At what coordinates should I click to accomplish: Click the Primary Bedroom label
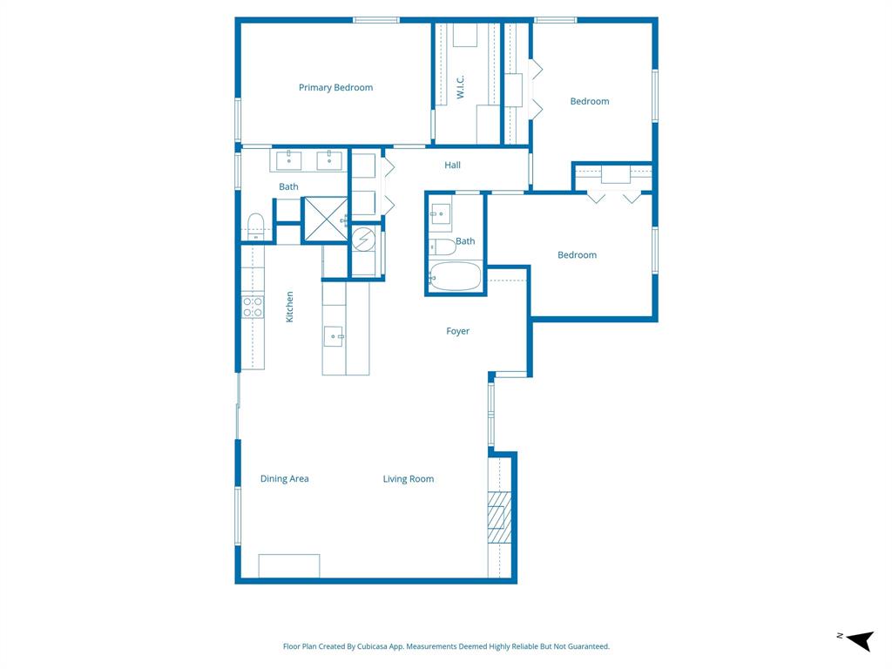click(335, 87)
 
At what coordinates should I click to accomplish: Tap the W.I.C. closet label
click(461, 86)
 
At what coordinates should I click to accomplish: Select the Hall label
click(452, 165)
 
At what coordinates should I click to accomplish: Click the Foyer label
click(457, 331)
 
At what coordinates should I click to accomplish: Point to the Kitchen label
click(290, 307)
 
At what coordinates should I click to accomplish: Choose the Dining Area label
click(284, 478)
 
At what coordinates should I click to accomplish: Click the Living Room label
click(408, 478)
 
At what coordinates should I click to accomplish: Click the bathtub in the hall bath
click(456, 275)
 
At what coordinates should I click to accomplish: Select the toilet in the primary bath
click(255, 225)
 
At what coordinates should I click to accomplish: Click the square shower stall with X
click(325, 220)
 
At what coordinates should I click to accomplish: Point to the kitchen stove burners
click(253, 307)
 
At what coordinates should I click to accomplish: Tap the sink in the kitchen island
click(334, 335)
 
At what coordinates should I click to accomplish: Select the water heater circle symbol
click(365, 238)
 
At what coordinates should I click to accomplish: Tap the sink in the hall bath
click(440, 212)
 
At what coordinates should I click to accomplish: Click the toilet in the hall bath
click(443, 247)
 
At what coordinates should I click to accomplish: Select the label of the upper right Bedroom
click(589, 101)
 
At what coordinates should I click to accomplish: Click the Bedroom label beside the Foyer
click(577, 254)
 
